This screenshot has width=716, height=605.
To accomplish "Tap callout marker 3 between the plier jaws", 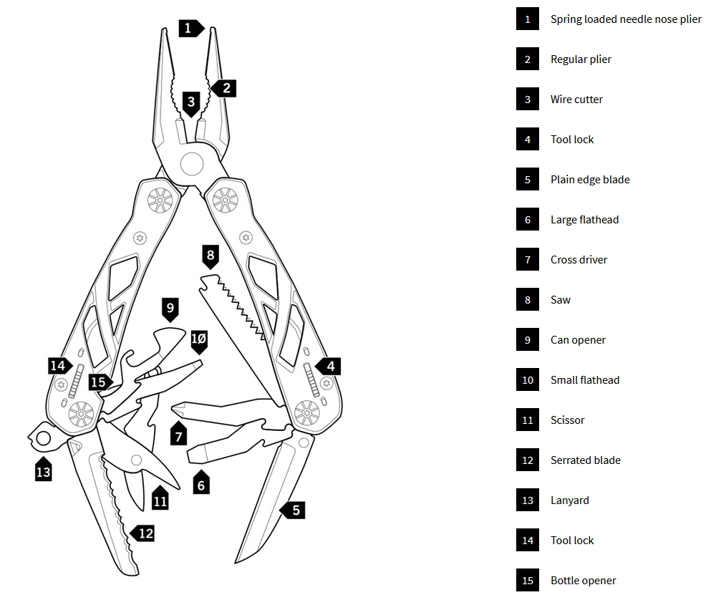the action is [x=191, y=104].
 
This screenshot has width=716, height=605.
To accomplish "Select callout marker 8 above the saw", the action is [x=211, y=256].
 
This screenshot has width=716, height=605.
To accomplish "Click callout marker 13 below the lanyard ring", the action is [x=44, y=469].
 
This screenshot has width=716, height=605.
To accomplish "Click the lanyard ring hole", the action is [x=44, y=439].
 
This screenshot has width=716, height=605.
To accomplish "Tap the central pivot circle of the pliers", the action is [x=192, y=164].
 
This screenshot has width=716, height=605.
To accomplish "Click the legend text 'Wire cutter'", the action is [x=576, y=99].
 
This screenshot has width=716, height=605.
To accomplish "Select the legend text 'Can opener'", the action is [x=578, y=339].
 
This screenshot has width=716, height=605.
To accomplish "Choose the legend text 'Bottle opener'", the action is [x=583, y=581].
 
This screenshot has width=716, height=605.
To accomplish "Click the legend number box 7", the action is [x=528, y=259].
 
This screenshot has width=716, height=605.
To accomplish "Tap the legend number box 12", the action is [x=528, y=460].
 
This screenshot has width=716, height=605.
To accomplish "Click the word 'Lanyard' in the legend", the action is [x=569, y=500].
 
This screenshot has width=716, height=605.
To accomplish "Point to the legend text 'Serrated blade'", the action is [x=586, y=460].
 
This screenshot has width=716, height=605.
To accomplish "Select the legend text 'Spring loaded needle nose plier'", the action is [x=626, y=19].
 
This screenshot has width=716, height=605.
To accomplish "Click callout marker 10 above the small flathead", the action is [x=199, y=341].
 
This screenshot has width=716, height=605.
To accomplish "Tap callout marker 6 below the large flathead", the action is [x=201, y=483].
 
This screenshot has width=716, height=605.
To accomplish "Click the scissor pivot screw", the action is [x=136, y=460].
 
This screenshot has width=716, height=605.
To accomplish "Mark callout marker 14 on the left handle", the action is [x=60, y=366].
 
